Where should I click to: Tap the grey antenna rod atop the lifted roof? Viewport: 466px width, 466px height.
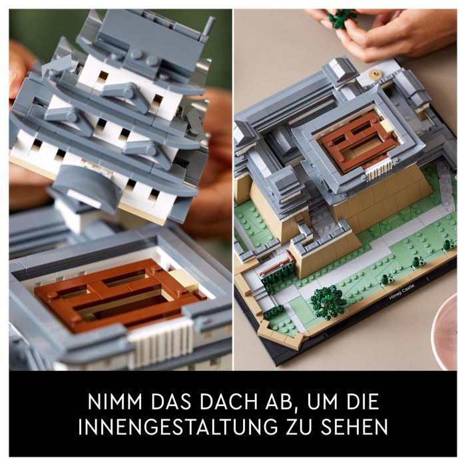pyautogui.click(x=210, y=27)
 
